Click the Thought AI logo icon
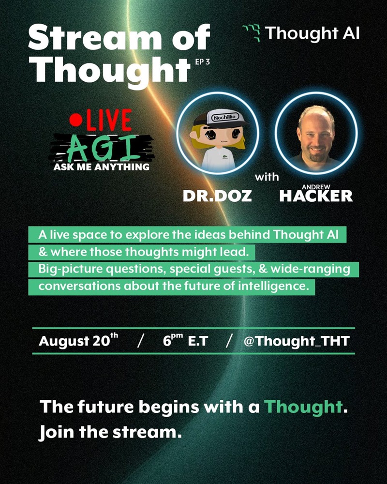(x=251, y=33)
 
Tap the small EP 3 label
(x=203, y=62)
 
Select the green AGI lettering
(x=102, y=148)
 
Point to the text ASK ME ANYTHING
(x=101, y=167)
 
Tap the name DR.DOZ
(x=217, y=196)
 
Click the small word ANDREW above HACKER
(x=316, y=187)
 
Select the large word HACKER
(x=316, y=196)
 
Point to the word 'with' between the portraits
(x=267, y=177)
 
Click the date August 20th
(x=78, y=340)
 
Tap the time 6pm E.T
(x=185, y=340)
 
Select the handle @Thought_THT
(x=297, y=341)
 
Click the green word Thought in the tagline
(x=303, y=407)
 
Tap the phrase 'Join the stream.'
(x=110, y=432)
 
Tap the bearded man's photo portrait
(x=316, y=134)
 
